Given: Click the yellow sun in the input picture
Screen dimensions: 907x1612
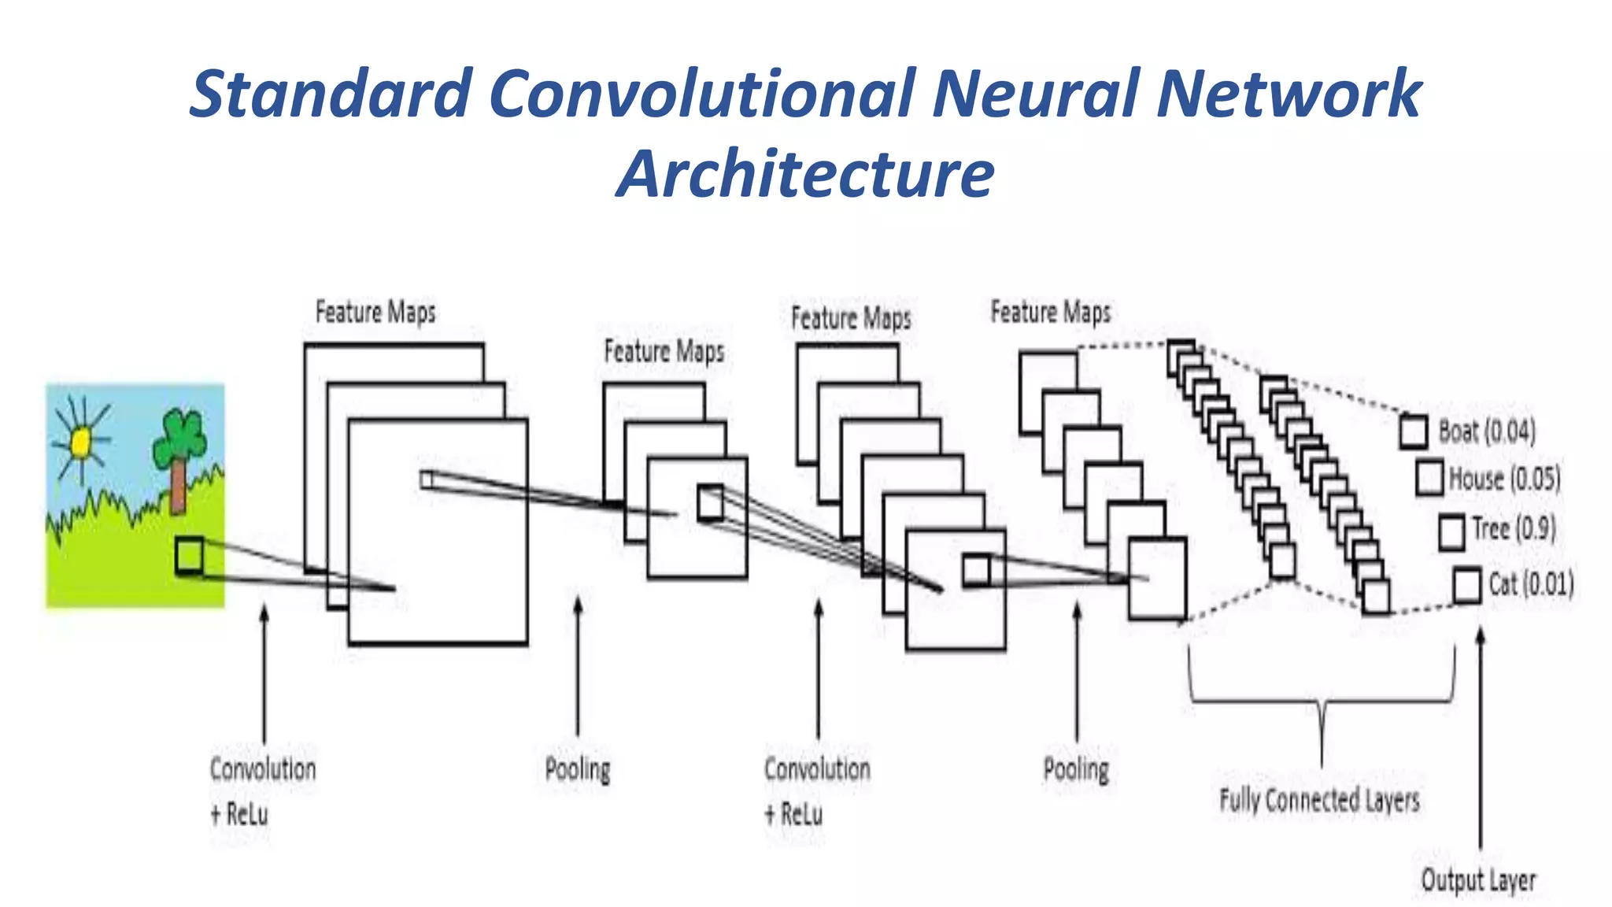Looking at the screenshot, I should click(81, 442).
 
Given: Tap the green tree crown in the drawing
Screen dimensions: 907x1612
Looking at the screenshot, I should click(180, 438).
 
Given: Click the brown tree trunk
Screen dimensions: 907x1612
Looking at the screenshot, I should click(179, 485).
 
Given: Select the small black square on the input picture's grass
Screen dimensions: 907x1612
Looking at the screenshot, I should click(189, 556).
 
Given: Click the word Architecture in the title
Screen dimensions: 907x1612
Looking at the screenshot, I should click(805, 173).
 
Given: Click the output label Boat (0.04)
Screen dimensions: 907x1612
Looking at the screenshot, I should click(1486, 431).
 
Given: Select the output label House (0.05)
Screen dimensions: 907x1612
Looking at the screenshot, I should click(1503, 479).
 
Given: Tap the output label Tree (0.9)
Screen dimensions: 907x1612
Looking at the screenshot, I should click(1513, 529).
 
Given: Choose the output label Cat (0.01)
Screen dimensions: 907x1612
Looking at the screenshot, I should click(1530, 584).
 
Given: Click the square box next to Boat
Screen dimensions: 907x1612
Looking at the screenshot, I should click(1414, 432).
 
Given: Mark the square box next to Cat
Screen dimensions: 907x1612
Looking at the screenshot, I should click(1466, 586).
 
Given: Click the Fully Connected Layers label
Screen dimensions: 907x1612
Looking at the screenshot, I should click(1319, 801).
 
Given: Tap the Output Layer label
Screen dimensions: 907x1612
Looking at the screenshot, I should click(1477, 880).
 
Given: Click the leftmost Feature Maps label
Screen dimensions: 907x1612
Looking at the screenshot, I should click(375, 312).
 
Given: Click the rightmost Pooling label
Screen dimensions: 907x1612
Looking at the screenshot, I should click(1075, 769).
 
